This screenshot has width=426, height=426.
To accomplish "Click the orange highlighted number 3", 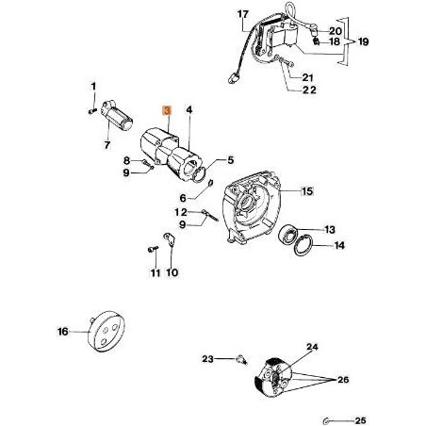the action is tap(167, 110).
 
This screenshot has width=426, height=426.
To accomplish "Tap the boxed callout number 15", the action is tap(307, 191).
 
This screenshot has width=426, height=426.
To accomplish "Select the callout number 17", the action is tap(242, 14).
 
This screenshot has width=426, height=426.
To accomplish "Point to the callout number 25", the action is tap(360, 420).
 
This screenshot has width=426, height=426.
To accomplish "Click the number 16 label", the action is tap(63, 332).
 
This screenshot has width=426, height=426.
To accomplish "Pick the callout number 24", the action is tap(312, 347).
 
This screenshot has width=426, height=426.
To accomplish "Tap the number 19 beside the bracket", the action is tap(363, 41).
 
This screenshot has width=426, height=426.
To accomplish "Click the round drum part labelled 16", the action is tap(106, 332).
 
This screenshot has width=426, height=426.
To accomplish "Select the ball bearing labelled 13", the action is tap(288, 235).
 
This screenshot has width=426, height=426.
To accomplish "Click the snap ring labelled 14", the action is tap(303, 245).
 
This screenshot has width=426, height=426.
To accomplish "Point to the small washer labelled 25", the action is tap(326, 420).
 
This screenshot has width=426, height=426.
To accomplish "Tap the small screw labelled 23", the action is tap(241, 359).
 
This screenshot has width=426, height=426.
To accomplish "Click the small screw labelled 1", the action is tap(92, 110).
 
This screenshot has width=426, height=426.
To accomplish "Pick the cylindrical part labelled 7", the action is tap(117, 115).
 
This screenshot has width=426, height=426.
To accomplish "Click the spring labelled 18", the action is tap(317, 41).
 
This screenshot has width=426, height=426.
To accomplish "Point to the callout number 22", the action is tap(309, 90).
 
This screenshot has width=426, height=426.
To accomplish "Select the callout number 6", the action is tap(183, 198).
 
